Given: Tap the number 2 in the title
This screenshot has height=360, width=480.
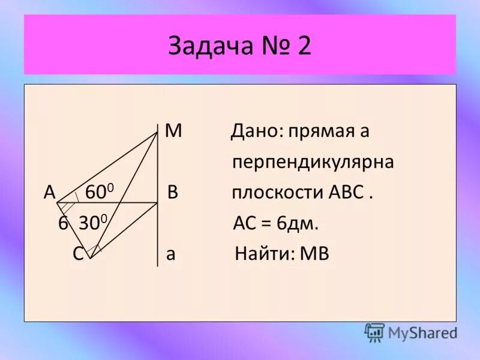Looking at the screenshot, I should (x=304, y=46).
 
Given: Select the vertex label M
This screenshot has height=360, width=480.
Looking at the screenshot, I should (x=173, y=131).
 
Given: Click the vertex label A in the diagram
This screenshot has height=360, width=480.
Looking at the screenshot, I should (x=50, y=193).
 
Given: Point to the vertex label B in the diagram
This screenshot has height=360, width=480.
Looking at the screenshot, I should (x=173, y=193).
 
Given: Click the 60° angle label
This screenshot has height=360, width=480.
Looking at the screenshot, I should (x=100, y=192).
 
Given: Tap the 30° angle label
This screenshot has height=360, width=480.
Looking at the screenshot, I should (x=92, y=224).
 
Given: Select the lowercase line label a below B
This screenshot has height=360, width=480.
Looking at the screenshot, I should (x=171, y=254).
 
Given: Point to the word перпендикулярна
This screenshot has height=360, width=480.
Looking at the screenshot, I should (x=313, y=163).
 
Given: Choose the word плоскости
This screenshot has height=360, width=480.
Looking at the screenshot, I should (x=278, y=194).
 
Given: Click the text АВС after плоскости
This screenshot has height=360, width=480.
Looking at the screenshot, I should (x=346, y=193).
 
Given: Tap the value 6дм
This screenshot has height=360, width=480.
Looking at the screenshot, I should (x=297, y=224).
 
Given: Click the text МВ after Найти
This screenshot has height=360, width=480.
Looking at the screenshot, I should (x=314, y=254).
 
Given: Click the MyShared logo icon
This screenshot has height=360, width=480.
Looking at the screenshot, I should (x=374, y=332).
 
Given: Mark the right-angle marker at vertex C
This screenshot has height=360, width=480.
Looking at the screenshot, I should (x=94, y=248).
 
